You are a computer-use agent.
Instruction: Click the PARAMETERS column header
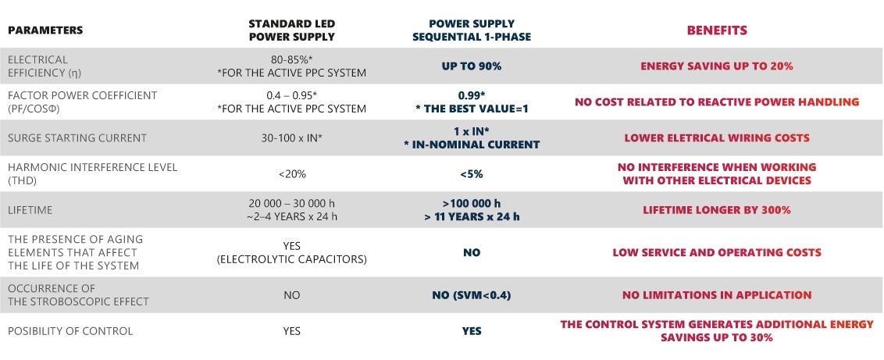click(45, 30)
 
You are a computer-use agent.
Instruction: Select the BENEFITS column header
click(717, 30)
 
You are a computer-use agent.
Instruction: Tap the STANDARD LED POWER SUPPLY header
click(291, 30)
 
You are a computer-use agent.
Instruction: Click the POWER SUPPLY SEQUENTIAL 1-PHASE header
click(472, 30)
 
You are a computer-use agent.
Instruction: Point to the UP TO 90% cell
click(472, 66)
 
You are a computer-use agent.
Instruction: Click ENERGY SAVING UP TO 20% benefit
click(717, 66)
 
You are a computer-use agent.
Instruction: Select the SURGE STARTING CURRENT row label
click(77, 137)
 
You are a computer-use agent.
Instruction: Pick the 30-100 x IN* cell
click(291, 137)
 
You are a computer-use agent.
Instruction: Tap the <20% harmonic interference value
click(291, 174)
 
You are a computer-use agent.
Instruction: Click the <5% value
click(472, 174)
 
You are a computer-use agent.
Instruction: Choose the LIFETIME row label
click(30, 210)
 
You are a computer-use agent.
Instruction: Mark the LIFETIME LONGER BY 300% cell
click(717, 210)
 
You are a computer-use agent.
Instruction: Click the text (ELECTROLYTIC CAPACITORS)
click(291, 259)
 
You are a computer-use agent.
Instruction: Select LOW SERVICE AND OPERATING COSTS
click(717, 252)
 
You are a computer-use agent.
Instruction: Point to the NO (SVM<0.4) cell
click(472, 294)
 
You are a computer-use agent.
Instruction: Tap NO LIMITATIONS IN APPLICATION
click(717, 294)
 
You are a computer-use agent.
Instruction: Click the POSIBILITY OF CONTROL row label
click(70, 331)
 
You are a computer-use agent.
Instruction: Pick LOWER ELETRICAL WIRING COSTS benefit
click(717, 137)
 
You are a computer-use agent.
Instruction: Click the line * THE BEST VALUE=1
click(472, 109)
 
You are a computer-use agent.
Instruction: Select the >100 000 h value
click(472, 203)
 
